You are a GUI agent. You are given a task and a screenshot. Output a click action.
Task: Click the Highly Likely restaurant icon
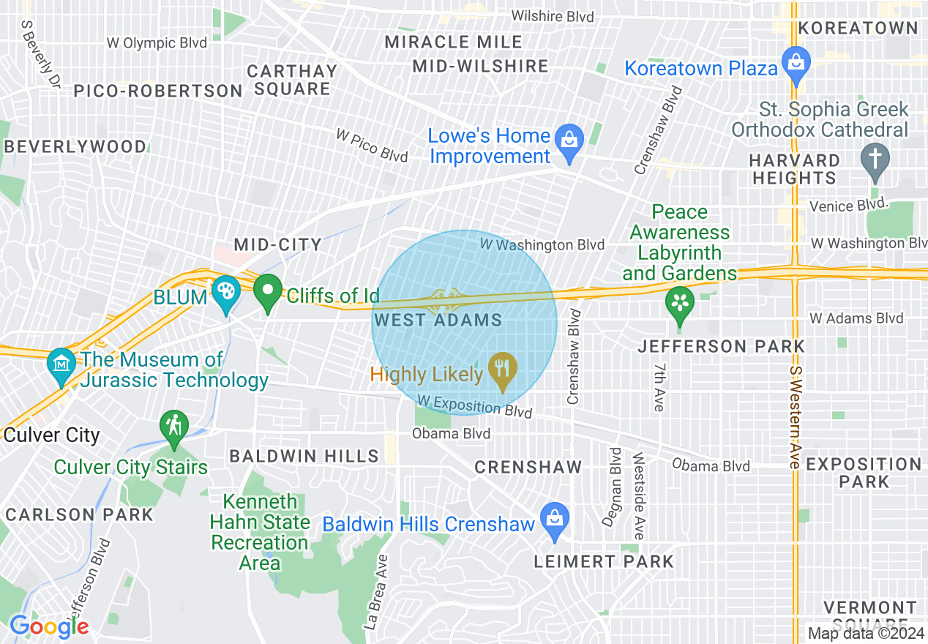click(x=502, y=369)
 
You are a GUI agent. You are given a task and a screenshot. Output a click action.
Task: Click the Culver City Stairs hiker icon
click(x=174, y=427)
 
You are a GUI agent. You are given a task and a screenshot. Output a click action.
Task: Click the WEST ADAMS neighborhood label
click(x=438, y=320)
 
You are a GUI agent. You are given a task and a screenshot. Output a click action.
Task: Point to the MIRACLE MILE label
click(x=454, y=42)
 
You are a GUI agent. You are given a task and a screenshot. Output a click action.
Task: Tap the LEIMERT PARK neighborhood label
click(x=604, y=561)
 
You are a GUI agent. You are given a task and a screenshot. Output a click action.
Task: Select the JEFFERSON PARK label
click(x=721, y=346)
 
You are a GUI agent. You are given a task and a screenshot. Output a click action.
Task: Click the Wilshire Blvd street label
click(x=553, y=16)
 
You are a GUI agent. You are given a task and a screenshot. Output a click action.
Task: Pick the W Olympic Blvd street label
click(x=157, y=43)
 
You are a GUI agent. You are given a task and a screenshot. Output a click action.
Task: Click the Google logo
click(x=49, y=626)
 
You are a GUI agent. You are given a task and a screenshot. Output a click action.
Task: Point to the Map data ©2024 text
click(x=867, y=633)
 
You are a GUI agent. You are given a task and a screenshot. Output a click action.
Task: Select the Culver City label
click(x=51, y=435)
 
